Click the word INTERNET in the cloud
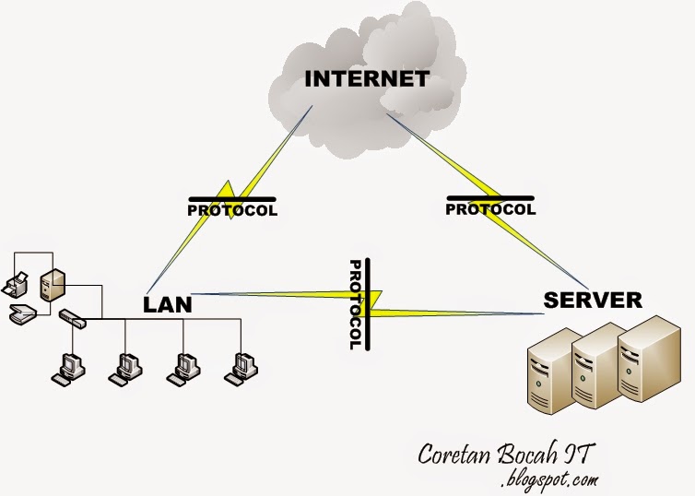367,79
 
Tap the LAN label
168,305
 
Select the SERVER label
593,300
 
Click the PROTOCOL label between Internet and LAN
232,210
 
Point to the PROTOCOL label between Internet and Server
490,209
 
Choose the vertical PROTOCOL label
355,304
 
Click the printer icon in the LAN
15,285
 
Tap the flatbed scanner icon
22,313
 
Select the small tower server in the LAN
53,285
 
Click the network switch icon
73,318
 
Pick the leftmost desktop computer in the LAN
68,370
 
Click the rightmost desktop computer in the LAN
241,370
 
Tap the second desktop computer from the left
125,370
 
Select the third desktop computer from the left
183,370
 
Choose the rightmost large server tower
649,358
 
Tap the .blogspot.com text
549,480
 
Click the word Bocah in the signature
527,453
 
